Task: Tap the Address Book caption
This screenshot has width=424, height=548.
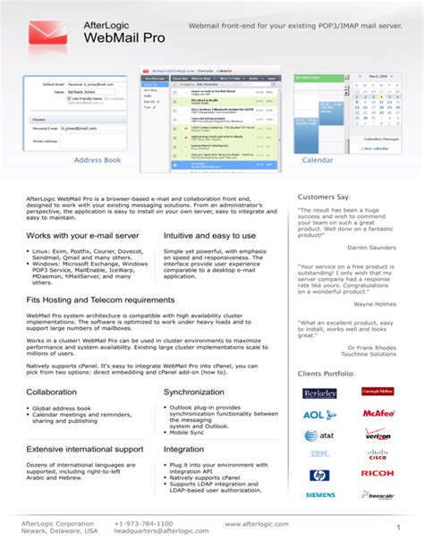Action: tap(98, 160)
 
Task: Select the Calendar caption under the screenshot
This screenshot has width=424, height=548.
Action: tap(318, 160)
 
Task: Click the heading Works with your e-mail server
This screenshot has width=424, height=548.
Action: tap(82, 236)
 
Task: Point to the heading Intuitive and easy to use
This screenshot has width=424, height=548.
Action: tap(210, 236)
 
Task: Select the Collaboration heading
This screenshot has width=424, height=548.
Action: tap(52, 392)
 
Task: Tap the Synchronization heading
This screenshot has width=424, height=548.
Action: tap(194, 392)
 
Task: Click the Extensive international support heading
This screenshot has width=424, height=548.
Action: tap(85, 449)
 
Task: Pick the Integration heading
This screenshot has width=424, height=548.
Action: tap(184, 449)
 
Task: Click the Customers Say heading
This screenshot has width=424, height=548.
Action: tap(324, 196)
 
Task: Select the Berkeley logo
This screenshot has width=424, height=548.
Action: tap(320, 393)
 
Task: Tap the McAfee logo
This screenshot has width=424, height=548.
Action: tap(378, 414)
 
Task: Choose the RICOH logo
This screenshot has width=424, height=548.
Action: tap(377, 474)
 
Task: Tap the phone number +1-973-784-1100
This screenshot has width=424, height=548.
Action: tap(144, 522)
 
